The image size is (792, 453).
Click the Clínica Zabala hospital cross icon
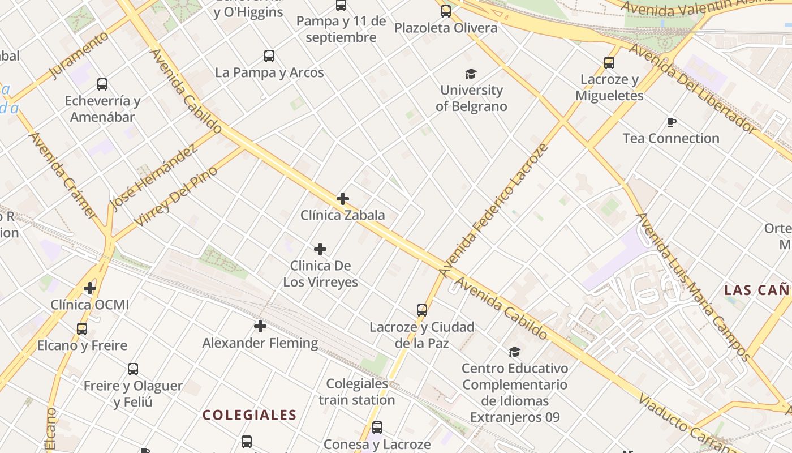point(342,199)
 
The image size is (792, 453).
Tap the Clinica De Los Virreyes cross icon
point(320,249)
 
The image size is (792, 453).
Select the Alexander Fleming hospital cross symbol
point(260,326)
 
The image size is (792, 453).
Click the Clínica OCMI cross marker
point(90,288)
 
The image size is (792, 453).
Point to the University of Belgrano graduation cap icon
point(471,74)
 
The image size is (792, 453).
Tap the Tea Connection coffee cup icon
point(671,122)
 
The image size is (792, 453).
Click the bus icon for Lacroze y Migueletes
point(609,63)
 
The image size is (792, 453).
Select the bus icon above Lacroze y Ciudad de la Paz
point(422,310)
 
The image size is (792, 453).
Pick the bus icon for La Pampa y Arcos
point(269,56)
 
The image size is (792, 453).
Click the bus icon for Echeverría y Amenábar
point(102,84)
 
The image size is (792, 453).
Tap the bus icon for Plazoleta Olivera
point(446,11)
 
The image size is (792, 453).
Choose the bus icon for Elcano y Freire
point(82,329)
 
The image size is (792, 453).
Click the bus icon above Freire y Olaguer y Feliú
point(133,369)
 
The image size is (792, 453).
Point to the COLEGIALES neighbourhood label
point(249,415)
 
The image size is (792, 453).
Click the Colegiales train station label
point(356,392)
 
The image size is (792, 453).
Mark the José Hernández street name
point(154,177)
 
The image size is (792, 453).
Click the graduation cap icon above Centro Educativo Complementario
point(514,352)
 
